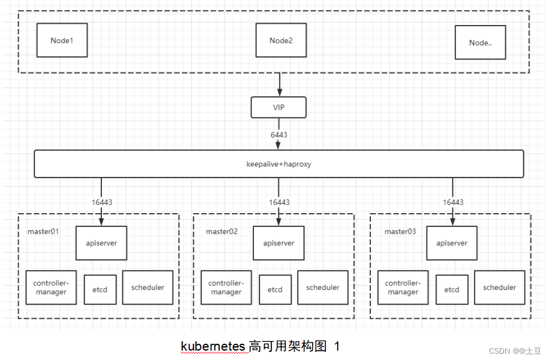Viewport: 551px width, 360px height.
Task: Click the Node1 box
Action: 62,41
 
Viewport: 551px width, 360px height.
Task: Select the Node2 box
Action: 281,41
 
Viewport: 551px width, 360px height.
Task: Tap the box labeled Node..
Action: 480,42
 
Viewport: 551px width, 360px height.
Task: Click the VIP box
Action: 278,107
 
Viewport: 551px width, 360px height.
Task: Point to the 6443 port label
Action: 279,134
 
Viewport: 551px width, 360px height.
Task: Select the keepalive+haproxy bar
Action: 278,164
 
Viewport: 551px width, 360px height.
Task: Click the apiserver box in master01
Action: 101,243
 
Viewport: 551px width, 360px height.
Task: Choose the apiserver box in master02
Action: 278,243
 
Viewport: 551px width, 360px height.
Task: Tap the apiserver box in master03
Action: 452,243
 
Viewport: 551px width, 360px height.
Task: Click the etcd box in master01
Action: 100,289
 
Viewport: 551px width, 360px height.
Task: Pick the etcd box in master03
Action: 452,289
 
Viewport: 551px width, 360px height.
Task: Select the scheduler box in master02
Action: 323,287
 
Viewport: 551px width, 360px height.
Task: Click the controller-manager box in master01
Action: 51,287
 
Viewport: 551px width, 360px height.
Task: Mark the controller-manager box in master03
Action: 403,287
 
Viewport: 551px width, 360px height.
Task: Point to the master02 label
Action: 222,231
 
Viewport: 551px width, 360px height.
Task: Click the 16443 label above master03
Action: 453,202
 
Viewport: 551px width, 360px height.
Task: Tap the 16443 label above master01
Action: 101,202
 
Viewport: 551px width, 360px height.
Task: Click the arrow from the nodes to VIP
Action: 279,84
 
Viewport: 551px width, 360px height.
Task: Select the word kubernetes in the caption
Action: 213,346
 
